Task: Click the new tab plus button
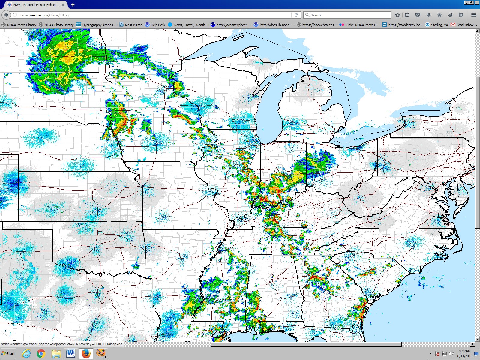(73, 5)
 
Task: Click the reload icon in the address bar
(296, 15)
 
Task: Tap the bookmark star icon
(398, 15)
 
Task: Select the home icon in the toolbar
(439, 15)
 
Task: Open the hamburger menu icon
(474, 15)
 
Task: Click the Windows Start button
(8, 354)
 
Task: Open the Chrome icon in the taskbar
(41, 354)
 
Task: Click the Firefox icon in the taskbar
(86, 354)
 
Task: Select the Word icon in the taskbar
(71, 354)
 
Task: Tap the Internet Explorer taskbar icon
(26, 354)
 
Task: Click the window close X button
(477, 2)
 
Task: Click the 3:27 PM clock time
(464, 351)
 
